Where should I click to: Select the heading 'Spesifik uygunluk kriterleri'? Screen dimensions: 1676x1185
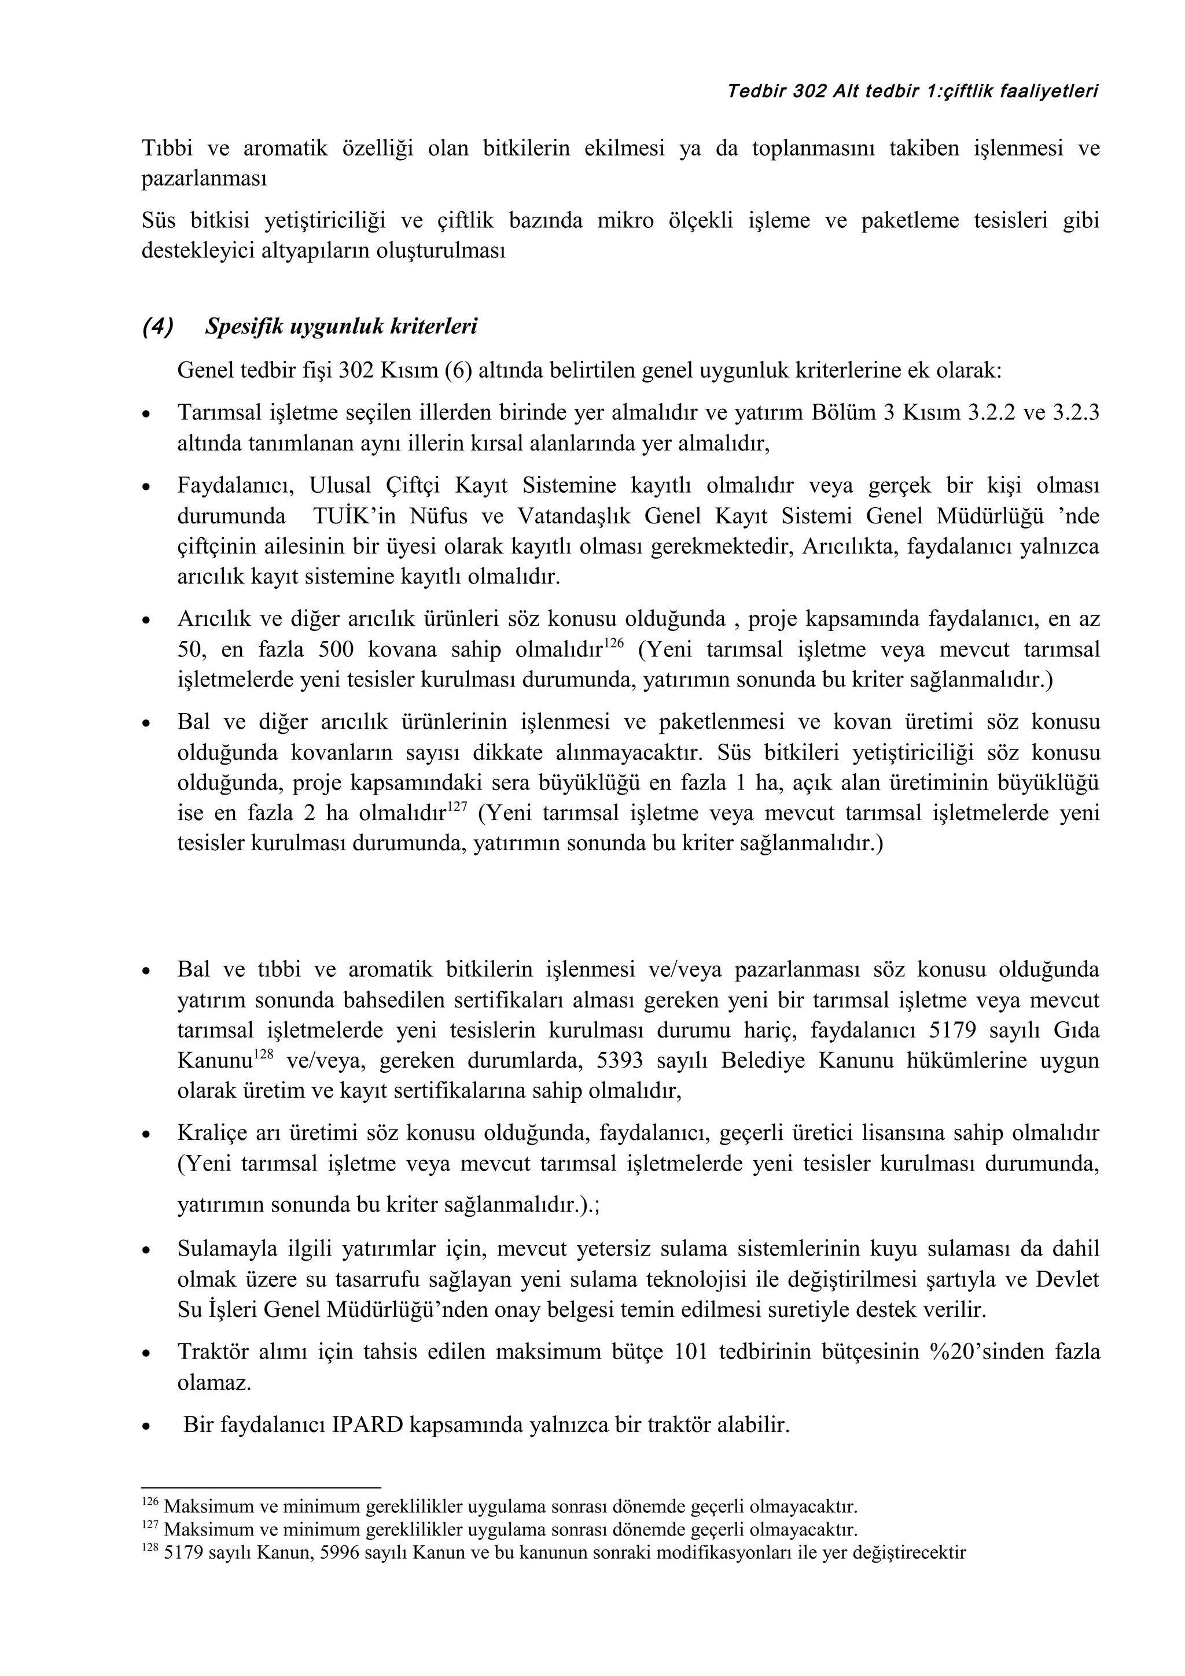coord(341,326)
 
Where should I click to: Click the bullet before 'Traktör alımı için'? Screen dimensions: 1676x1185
coord(147,1353)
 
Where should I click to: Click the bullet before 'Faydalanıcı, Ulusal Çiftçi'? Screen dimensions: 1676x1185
coord(147,487)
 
